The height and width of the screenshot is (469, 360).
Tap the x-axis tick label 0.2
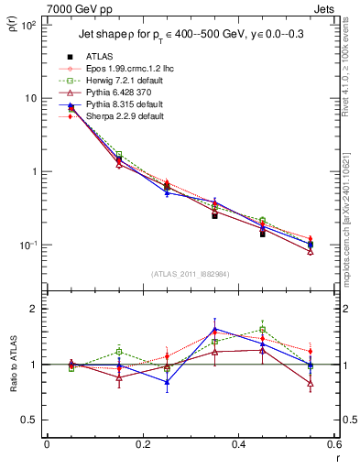pos(142,444)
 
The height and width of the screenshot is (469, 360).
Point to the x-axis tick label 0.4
pos(237,444)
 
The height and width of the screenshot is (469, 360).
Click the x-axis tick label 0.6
pos(332,444)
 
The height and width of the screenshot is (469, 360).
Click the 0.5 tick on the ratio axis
pos(29,420)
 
